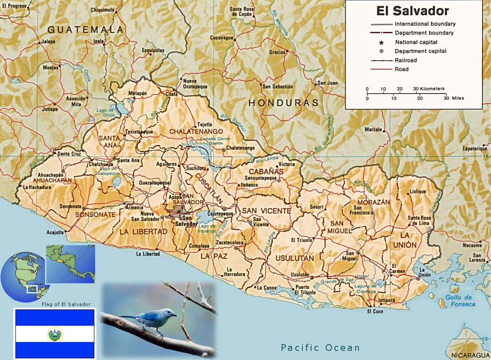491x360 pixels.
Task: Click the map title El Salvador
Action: coord(412,11)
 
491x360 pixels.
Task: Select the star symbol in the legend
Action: coord(381,42)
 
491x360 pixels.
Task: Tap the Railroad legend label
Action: coord(405,60)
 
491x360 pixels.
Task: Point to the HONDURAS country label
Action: coord(283,103)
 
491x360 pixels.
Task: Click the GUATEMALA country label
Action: coord(85,30)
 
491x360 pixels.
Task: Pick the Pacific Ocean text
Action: coord(320,348)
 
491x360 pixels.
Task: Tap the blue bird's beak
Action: coord(175,315)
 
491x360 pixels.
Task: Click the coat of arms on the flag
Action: coord(55,334)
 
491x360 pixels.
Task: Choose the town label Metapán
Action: coord(138,93)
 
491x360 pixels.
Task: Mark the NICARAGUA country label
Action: coord(470,355)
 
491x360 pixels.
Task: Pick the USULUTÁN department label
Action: coord(295,258)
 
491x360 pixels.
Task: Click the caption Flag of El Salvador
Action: coord(66,304)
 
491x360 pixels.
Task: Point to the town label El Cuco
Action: coord(375,311)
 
